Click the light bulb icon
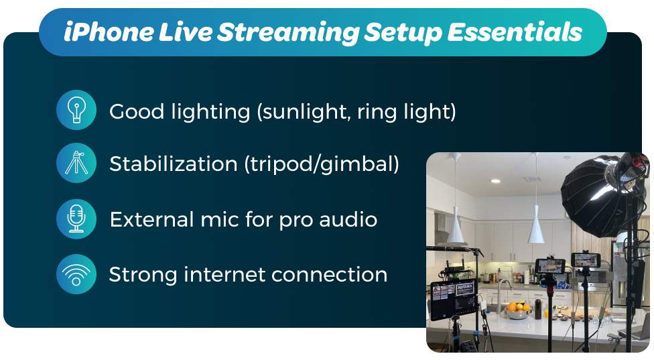[x=76, y=110]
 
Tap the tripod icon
[x=76, y=163]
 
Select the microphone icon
[x=76, y=219]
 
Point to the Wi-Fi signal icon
[x=76, y=274]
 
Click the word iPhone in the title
[x=108, y=32]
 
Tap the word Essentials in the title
[x=515, y=32]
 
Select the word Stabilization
[x=174, y=163]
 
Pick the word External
[x=152, y=219]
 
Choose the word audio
[x=348, y=219]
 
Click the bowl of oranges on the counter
[x=517, y=310]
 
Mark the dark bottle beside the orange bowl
[x=539, y=308]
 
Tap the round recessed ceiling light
[x=495, y=181]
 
